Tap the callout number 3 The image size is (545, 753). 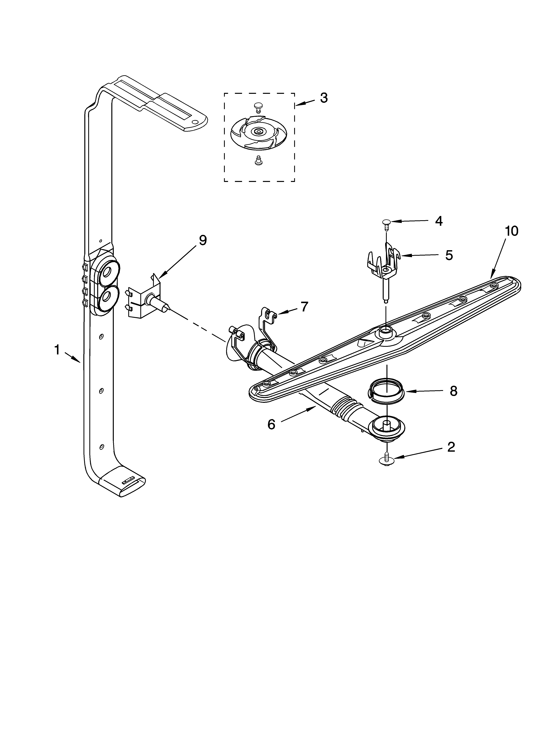tap(324, 98)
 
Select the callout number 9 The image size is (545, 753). tap(203, 240)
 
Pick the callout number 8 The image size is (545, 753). tap(453, 391)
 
